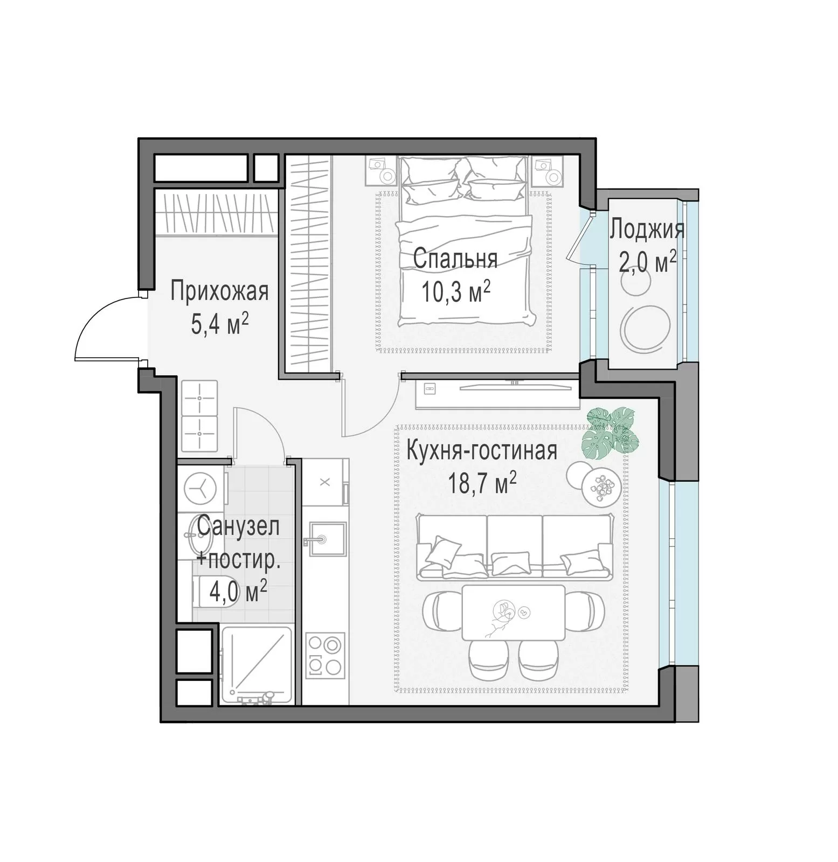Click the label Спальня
tap(455, 259)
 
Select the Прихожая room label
tap(219, 291)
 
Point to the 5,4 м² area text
tap(220, 324)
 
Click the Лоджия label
tap(647, 230)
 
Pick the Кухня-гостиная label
tap(481, 451)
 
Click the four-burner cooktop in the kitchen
tap(325, 655)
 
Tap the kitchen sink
tap(324, 538)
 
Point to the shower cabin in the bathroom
tap(257, 665)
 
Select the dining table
tap(513, 612)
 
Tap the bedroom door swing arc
tap(379, 418)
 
